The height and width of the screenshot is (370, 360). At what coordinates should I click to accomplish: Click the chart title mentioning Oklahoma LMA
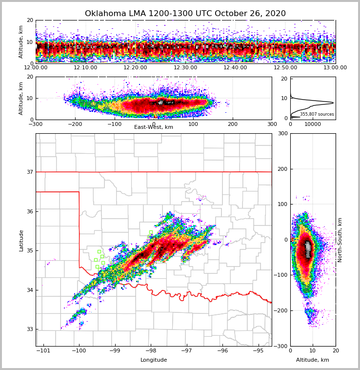(x=185, y=14)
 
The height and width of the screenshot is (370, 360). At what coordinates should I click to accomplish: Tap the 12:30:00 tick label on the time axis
(x=185, y=68)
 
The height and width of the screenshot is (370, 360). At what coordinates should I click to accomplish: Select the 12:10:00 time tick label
(x=86, y=68)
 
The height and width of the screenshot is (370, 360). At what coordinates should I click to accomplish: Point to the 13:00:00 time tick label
(x=335, y=68)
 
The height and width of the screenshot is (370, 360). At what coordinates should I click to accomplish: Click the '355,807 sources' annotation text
(x=317, y=114)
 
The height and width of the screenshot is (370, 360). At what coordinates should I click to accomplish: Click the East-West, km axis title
(x=154, y=127)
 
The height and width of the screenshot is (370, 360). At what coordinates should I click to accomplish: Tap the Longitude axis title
(x=154, y=360)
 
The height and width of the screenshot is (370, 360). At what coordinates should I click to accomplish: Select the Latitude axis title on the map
(x=21, y=240)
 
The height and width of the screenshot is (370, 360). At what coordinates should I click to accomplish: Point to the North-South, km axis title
(x=340, y=240)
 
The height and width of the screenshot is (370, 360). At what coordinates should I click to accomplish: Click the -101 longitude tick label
(x=44, y=350)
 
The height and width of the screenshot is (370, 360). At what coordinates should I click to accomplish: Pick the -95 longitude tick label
(x=258, y=350)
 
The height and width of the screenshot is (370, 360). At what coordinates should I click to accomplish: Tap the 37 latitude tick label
(x=30, y=172)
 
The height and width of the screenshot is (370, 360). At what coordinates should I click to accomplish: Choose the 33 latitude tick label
(x=30, y=329)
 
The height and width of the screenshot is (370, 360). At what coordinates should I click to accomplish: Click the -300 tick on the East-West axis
(x=36, y=124)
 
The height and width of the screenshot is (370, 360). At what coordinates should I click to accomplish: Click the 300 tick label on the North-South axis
(x=282, y=133)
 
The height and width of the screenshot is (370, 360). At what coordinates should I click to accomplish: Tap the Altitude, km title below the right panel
(x=313, y=360)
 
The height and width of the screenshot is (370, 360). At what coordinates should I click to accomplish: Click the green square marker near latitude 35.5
(x=151, y=232)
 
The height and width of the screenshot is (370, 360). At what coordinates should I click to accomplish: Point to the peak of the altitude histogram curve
(x=333, y=103)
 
